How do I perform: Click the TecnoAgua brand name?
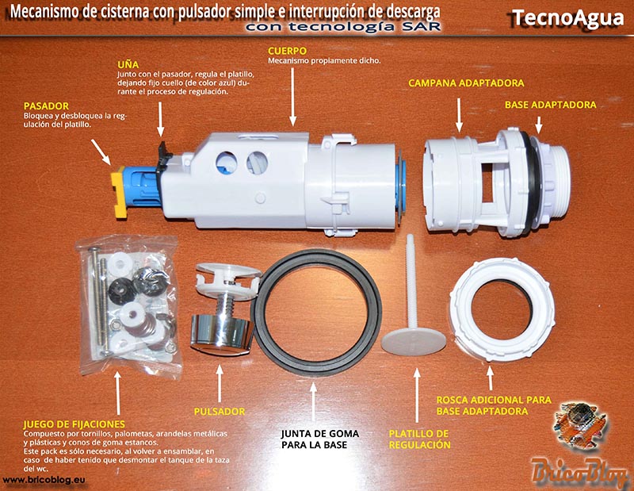567,17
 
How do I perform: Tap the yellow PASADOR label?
46,106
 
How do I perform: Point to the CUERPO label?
287,51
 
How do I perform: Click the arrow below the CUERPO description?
292,96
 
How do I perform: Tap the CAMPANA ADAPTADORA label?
466,83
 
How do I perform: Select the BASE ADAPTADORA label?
550,105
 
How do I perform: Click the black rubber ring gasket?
316,313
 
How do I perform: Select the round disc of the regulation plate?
413,340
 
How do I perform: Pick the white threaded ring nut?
502,309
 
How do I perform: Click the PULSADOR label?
220,412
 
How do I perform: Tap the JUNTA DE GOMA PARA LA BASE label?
320,439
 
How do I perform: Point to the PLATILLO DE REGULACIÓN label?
419,439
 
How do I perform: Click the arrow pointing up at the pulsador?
220,384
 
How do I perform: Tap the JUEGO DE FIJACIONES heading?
74,424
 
